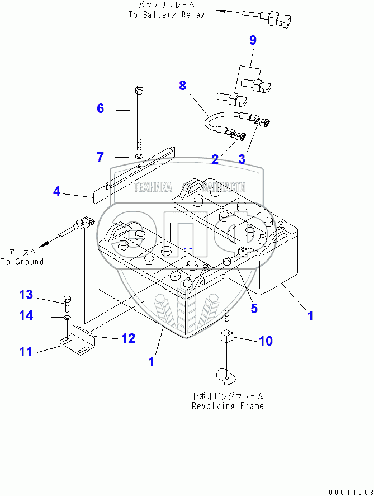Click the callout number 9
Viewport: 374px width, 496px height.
click(x=253, y=40)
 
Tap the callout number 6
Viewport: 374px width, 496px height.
click(x=100, y=108)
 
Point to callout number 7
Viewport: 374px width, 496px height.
click(x=100, y=157)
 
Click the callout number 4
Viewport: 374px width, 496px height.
click(x=56, y=191)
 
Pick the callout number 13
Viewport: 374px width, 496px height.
click(x=26, y=295)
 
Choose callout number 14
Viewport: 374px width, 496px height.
click(x=26, y=315)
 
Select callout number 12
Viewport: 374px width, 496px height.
click(x=128, y=338)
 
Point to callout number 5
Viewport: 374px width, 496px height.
click(x=254, y=308)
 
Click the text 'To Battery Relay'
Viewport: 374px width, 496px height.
click(x=166, y=15)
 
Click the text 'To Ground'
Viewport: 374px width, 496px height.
click(x=22, y=262)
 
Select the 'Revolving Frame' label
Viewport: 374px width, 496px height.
click(x=228, y=406)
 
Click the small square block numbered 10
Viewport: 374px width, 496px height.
click(x=226, y=338)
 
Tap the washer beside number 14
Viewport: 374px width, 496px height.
click(x=67, y=317)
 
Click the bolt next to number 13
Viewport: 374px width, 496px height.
click(x=67, y=301)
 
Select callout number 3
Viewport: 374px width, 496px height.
click(x=242, y=159)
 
